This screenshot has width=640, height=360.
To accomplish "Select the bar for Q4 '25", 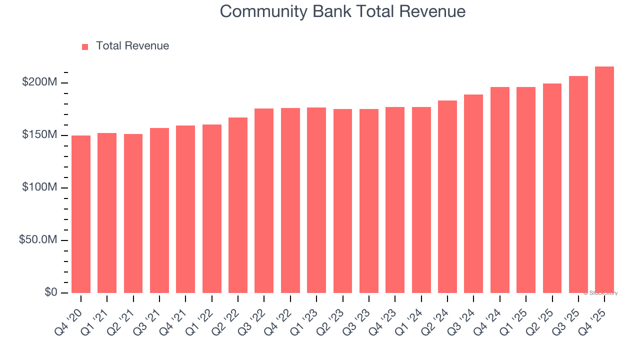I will (604, 180).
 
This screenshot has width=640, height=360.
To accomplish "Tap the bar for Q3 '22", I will (264, 200).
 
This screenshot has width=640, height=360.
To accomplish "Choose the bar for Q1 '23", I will (316, 200).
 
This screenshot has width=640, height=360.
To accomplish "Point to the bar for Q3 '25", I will (578, 184).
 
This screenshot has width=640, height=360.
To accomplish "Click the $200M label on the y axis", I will (39, 82).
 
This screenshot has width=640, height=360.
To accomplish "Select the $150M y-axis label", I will (39, 135).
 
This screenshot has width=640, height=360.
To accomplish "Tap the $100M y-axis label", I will (39, 187).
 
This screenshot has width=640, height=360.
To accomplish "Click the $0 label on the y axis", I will (50, 292).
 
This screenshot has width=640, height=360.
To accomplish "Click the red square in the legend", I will (85, 46).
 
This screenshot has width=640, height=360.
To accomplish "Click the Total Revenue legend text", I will (132, 46).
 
